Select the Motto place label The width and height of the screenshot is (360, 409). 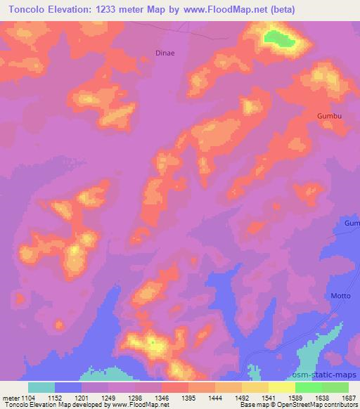click(341, 296)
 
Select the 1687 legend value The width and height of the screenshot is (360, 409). click(348, 397)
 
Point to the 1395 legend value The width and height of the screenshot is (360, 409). click(188, 397)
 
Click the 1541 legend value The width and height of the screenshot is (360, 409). click(268, 397)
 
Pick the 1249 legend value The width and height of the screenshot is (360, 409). click(108, 397)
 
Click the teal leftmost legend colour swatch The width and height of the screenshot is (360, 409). click(41, 387)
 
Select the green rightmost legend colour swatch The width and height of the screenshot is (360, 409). click(335, 387)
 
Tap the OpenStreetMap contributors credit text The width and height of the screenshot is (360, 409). click(318, 404)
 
